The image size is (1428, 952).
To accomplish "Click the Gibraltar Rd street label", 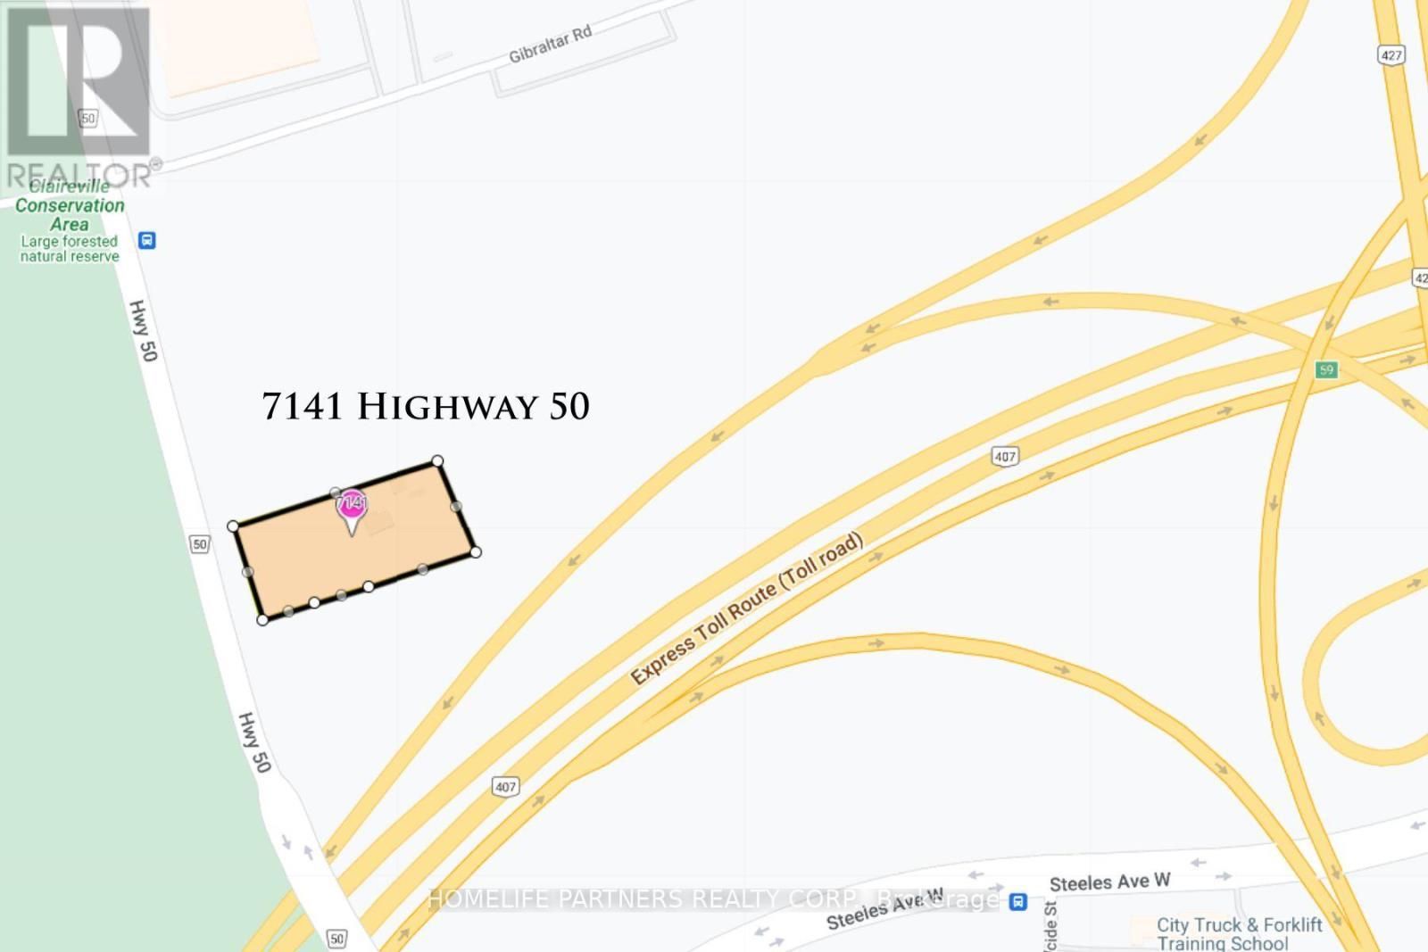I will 550,45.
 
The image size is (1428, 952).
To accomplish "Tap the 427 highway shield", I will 1391,55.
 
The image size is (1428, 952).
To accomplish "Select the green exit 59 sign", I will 1326,369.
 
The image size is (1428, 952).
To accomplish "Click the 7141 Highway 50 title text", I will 426,407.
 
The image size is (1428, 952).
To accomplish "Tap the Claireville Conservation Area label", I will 70,205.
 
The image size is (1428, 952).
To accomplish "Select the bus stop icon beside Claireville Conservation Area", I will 147,241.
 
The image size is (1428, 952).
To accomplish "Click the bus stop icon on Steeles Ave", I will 1018,902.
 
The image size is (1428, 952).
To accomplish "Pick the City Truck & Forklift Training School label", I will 1239,933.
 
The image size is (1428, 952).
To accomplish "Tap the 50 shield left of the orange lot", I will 200,544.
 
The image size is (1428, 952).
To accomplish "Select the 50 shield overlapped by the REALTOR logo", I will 87,118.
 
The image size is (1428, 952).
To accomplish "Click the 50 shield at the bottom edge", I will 336,938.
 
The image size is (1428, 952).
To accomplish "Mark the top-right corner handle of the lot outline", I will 437,461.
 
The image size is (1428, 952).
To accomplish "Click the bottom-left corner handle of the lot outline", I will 262,619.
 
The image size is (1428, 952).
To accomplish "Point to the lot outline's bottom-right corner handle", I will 476,552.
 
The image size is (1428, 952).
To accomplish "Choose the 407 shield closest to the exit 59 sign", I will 1005,457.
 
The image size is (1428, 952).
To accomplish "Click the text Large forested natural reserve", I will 70,249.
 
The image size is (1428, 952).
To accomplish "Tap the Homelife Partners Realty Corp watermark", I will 714,898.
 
